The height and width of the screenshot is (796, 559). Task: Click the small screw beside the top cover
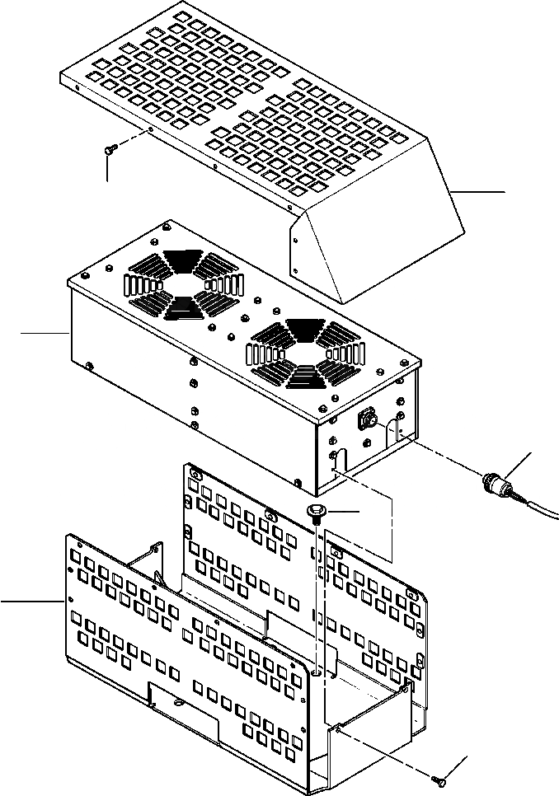tap(111, 148)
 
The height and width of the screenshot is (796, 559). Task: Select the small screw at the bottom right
tap(439, 777)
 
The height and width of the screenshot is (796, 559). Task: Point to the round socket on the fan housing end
tap(365, 422)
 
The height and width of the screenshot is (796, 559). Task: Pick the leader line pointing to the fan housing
tap(43, 332)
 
